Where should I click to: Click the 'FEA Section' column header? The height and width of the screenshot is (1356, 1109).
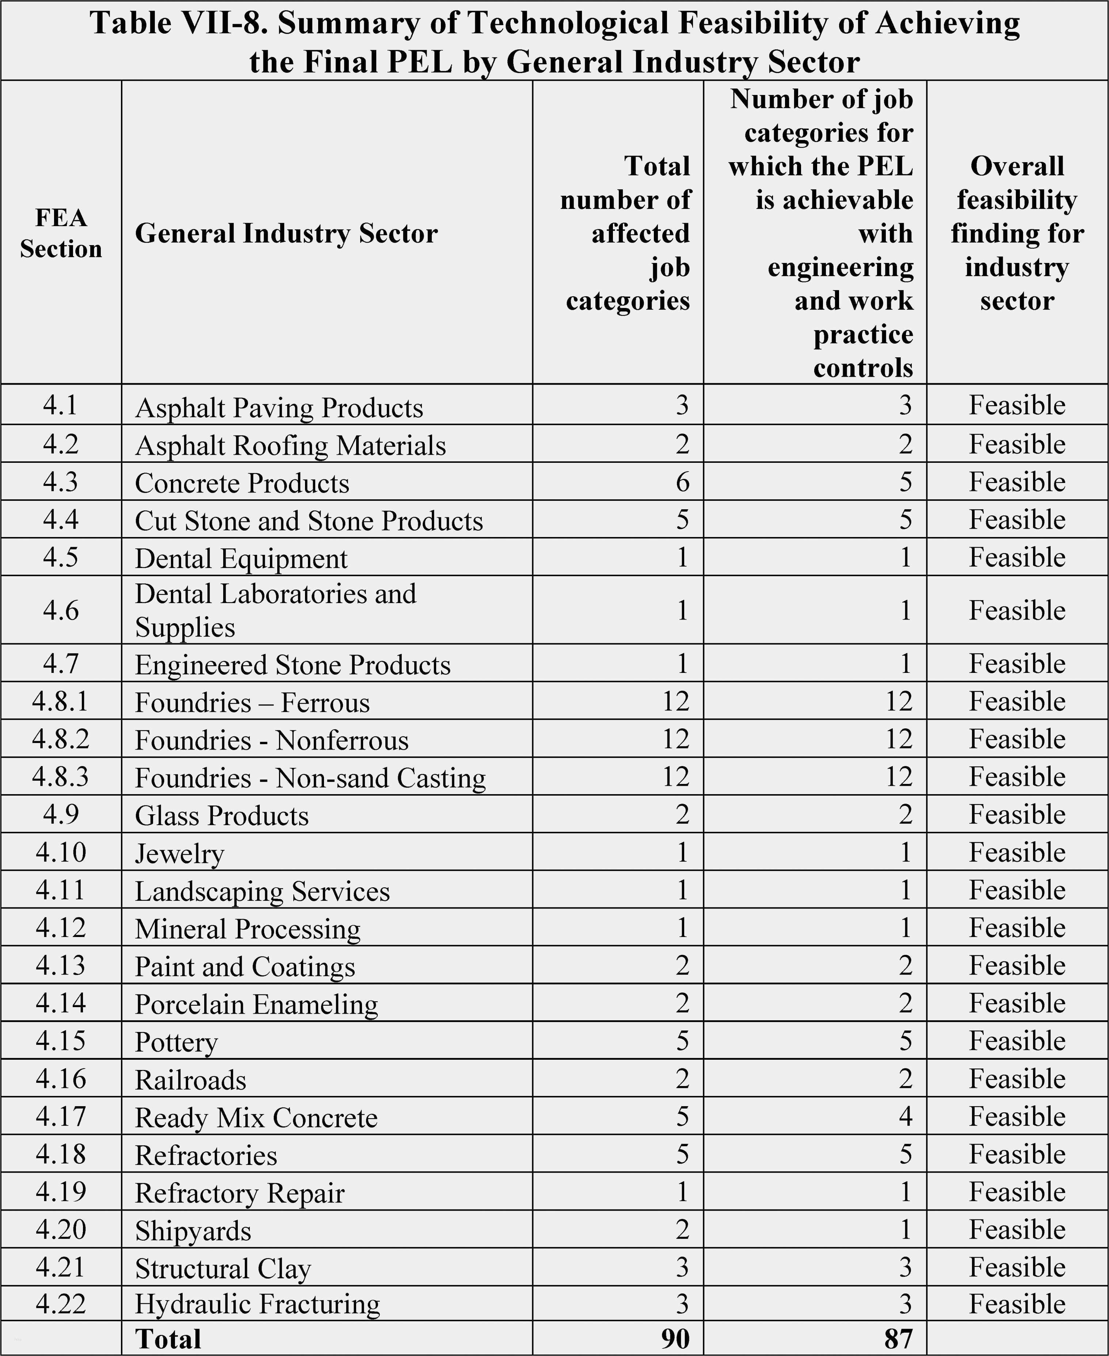pos(61,233)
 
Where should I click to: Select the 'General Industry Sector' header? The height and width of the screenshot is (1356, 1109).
pos(286,233)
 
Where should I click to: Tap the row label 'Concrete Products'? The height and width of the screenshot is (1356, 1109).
pos(242,483)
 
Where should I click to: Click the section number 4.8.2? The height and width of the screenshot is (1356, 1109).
pos(61,739)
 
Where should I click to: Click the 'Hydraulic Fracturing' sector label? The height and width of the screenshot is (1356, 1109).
pos(258,1304)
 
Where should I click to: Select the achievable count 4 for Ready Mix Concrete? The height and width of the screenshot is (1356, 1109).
pos(905,1116)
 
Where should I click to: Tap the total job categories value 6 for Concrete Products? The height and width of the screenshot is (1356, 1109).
pos(682,482)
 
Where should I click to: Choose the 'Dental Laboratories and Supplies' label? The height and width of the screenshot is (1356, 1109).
pos(275,610)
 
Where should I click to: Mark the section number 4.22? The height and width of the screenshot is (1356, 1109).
pos(61,1303)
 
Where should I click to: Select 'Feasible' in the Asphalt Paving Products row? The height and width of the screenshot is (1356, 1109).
pos(1017,405)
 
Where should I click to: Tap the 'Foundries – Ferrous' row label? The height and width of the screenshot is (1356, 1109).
pos(252,702)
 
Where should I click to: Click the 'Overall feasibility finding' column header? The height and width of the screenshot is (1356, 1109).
pos(1017,233)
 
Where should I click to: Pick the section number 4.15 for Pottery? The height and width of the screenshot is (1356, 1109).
pos(61,1040)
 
